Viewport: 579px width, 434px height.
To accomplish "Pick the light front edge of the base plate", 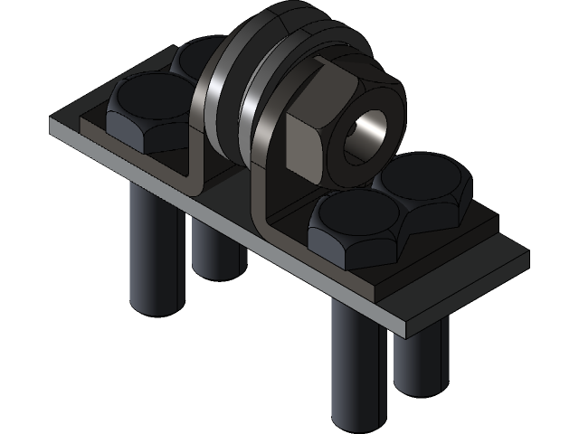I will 226,226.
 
